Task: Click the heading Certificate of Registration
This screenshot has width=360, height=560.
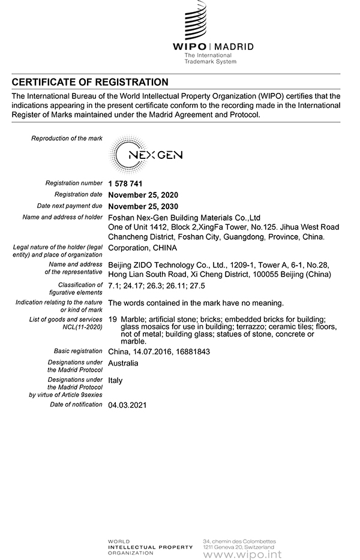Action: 90,82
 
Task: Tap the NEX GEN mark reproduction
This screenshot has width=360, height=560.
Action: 148,156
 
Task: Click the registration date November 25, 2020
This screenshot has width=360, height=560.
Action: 143,195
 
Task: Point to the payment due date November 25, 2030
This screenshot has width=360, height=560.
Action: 143,206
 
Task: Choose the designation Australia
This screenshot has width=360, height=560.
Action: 123,363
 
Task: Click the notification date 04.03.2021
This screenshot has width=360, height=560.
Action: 127,405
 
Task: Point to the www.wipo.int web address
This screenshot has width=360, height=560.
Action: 242,554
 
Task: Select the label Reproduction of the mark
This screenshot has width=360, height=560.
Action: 67,139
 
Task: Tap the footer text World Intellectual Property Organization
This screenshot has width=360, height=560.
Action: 149,547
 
